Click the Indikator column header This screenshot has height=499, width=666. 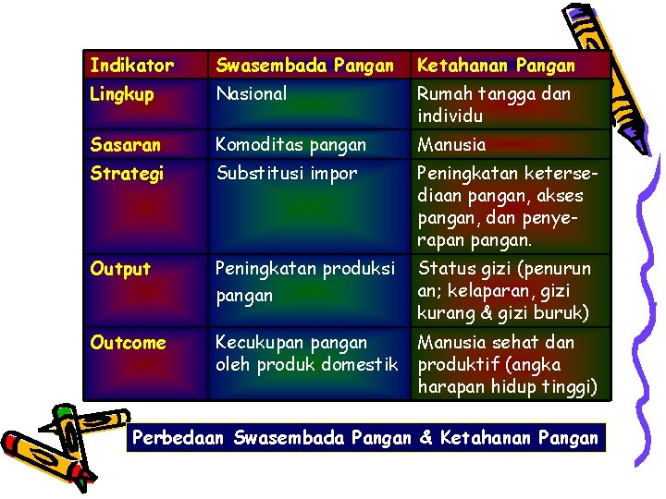pos(131,66)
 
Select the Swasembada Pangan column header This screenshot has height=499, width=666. pos(304,66)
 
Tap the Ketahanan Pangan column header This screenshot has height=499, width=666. pos(496,66)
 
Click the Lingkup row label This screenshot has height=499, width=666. pos(121,93)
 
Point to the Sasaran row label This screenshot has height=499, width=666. pos(125,144)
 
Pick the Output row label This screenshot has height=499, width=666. pos(120,269)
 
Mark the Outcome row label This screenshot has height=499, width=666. pos(128,343)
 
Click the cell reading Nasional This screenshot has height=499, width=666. pos(251,93)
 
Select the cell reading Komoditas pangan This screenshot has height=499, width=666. pos(290,144)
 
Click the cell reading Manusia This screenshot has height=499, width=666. pos(451,144)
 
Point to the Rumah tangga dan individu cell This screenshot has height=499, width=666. pos(494,104)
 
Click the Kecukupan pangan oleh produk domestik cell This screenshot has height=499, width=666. pos(306,354)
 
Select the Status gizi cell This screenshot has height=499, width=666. pos(504,289)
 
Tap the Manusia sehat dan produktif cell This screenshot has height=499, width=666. pos(508,364)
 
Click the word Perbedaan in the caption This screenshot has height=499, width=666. pos(179,437)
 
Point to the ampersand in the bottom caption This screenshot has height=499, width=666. pos(425,437)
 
